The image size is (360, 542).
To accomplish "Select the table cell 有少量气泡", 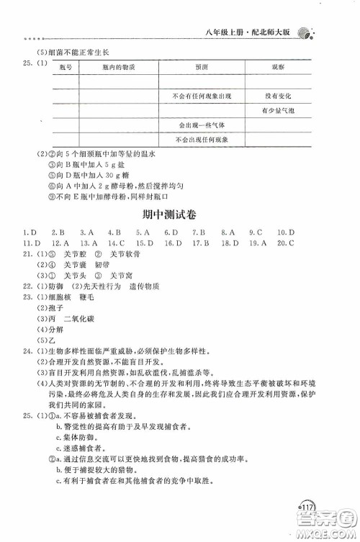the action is coord(276,110).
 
